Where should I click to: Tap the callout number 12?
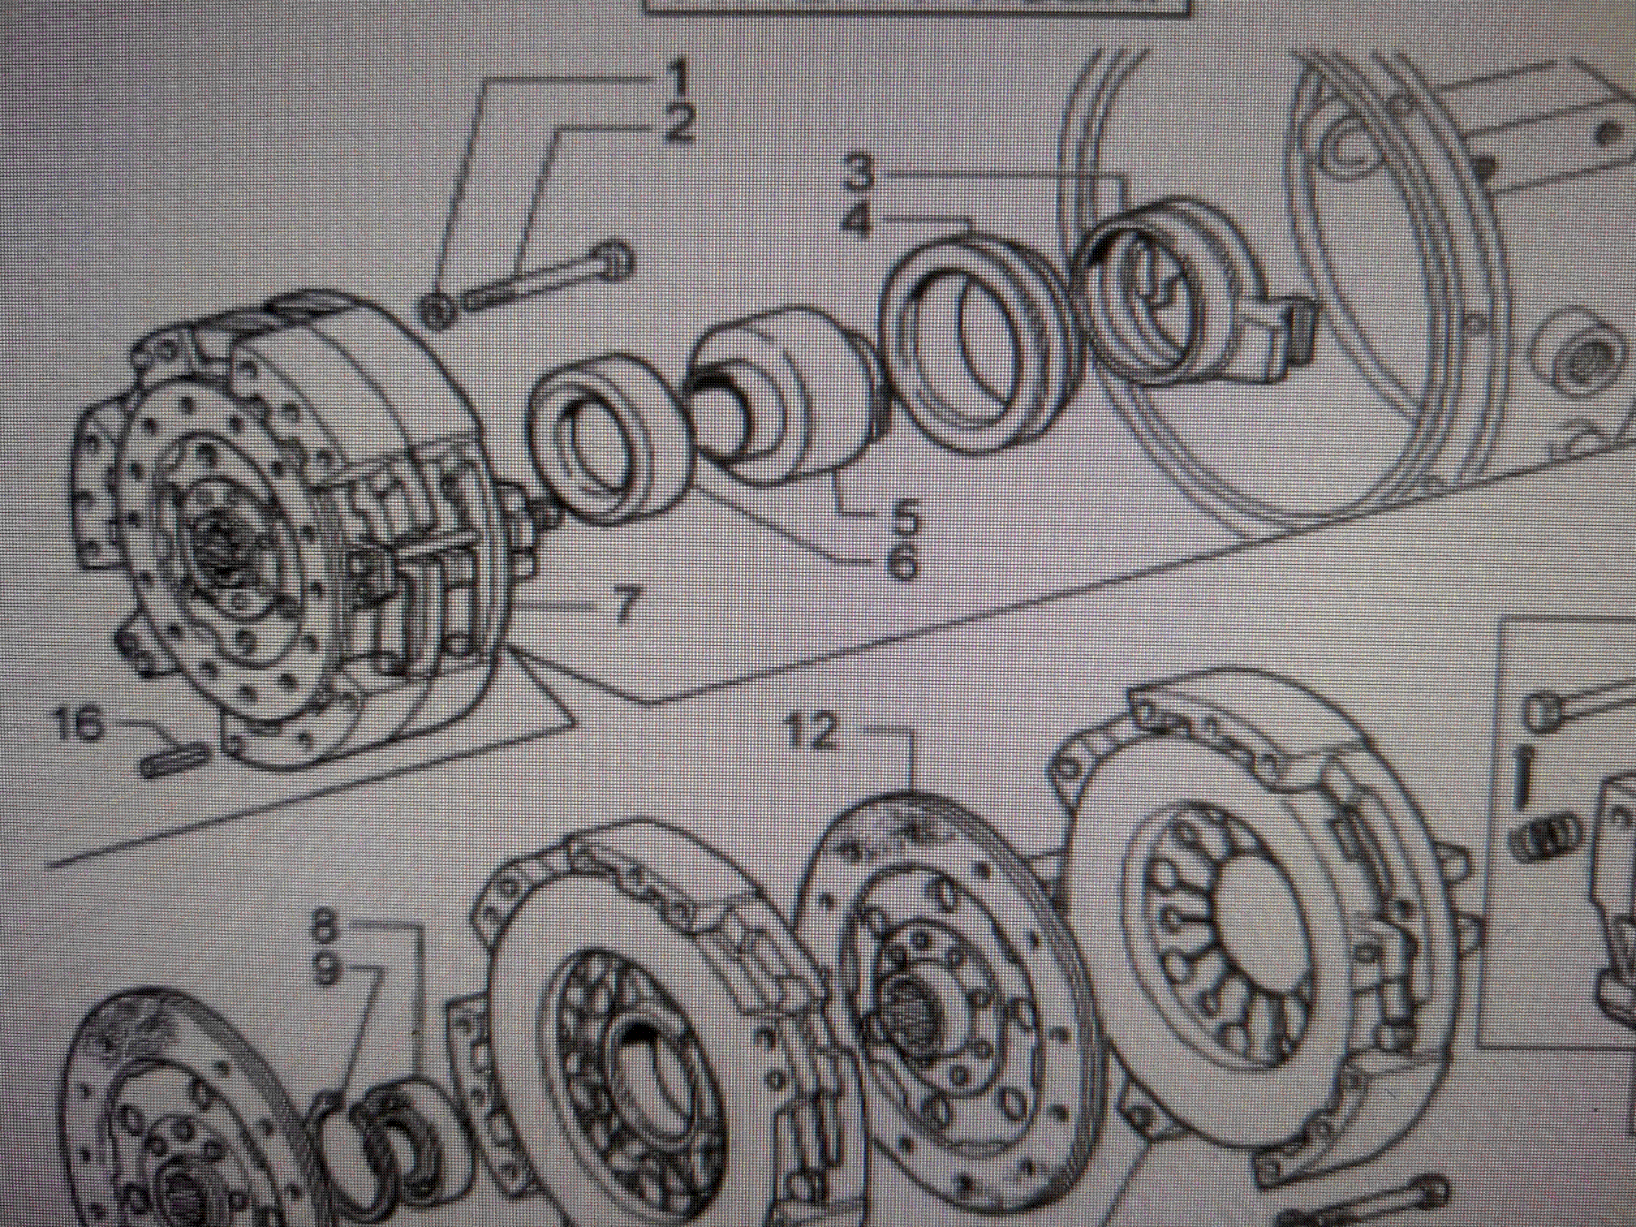812,732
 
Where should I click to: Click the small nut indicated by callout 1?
438,311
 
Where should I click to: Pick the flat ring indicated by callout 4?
978,341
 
